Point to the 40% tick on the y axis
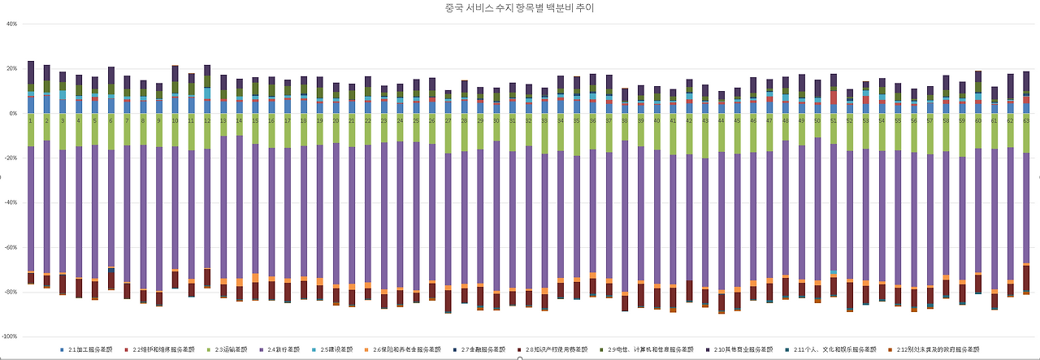pyautogui.click(x=11, y=24)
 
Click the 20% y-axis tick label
pyautogui.click(x=11, y=68)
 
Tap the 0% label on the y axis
pyautogui.click(x=13, y=113)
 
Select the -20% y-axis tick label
pyautogui.click(x=11, y=158)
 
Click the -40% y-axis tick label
pyautogui.click(x=11, y=202)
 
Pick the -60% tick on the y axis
pyautogui.click(x=11, y=247)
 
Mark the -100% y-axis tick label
pyautogui.click(x=10, y=336)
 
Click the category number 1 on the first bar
pyautogui.click(x=31, y=119)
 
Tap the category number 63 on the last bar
pyautogui.click(x=1025, y=119)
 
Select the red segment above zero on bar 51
pyautogui.click(x=834, y=97)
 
